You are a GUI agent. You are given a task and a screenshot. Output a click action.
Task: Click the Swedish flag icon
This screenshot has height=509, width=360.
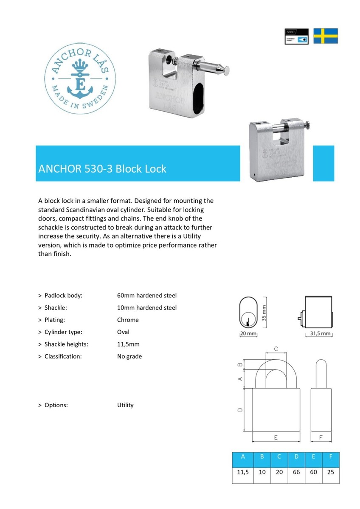326,36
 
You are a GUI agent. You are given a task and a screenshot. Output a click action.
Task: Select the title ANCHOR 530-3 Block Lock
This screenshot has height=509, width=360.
102,169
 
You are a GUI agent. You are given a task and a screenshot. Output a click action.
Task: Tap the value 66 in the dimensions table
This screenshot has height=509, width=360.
296,472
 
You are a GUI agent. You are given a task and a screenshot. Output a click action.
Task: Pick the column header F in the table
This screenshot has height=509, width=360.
331,457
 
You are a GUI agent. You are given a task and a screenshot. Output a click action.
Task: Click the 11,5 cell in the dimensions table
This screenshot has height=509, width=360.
243,472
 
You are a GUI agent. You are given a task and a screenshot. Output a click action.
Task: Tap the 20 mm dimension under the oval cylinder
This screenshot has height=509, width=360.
249,334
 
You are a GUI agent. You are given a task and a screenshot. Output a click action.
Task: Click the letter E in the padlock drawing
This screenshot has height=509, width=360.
276,437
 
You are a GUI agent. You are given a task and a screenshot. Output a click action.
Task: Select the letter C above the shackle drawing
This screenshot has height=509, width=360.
276,349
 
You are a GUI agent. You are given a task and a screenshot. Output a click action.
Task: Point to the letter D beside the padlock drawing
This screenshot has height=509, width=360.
240,410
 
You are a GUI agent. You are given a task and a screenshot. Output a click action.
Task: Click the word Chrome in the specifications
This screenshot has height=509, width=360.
128,320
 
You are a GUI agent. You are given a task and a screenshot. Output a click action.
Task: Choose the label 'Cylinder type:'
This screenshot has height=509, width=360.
66,332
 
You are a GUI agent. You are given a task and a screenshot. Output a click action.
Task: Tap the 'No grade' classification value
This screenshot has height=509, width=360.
129,356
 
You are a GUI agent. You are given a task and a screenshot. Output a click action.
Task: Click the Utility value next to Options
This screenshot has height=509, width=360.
125,405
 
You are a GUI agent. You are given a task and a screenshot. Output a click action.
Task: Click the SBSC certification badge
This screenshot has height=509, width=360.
296,36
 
